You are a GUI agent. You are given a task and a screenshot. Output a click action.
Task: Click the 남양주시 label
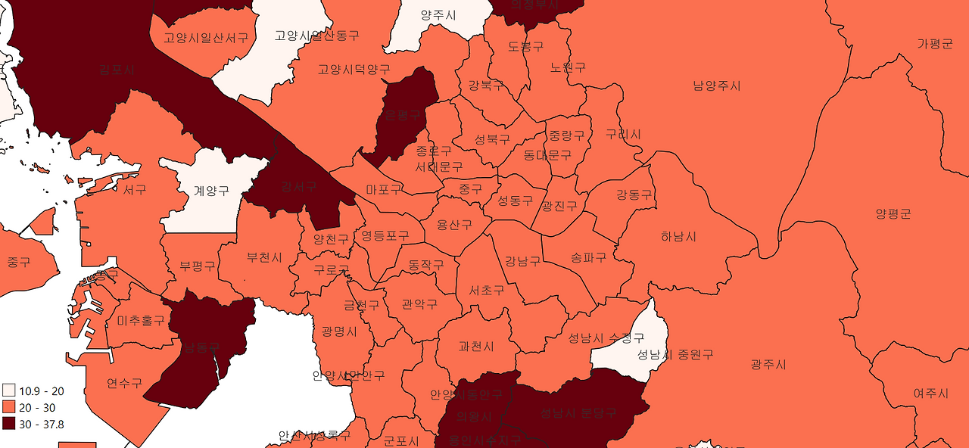pos(716,86)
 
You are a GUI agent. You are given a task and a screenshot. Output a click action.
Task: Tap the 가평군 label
pos(934,44)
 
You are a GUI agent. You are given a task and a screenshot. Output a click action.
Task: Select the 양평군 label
pos(893,214)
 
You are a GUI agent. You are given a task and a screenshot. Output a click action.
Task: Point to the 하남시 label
pos(678,237)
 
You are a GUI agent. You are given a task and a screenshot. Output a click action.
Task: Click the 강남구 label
pos(522,261)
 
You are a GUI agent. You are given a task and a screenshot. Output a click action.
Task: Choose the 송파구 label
pos(588,257)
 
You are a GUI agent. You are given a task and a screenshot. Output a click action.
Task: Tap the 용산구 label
pos(454,225)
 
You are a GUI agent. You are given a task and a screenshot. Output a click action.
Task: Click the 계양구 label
pos(211,191)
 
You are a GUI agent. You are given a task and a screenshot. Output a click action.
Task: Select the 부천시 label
pos(264,257)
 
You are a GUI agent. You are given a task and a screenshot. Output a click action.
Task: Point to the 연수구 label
pos(124,383)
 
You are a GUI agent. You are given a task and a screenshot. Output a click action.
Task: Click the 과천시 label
pos(476,347)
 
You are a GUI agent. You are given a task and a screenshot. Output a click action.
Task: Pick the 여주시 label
pos(930,394)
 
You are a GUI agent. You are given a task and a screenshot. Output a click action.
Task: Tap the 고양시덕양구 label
pos(354,70)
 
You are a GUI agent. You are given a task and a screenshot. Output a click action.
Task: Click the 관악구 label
pos(419,304)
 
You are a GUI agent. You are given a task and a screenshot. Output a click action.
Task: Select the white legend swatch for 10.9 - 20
pos(9,390)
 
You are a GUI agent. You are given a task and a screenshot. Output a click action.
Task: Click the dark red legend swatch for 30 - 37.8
pos(9,424)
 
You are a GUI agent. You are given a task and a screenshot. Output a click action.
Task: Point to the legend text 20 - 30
pos(37,407)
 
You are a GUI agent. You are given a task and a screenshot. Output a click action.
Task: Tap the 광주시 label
pos(768,365)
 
